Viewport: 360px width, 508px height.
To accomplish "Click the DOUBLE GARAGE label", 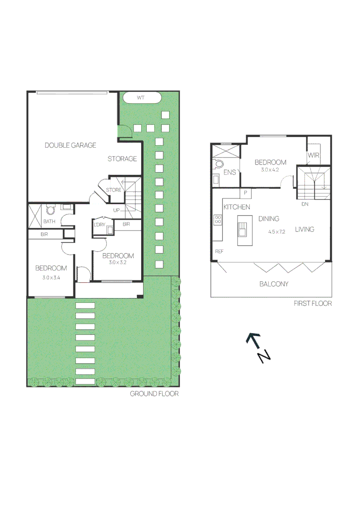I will (x=70, y=145).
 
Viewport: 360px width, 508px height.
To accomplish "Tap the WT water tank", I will (x=140, y=98).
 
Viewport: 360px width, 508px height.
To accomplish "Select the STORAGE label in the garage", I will (x=122, y=159).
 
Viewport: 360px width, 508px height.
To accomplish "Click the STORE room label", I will (x=113, y=190).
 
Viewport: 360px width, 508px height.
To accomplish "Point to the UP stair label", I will (x=116, y=210).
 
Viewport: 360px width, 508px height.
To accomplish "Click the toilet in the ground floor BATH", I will (x=50, y=210).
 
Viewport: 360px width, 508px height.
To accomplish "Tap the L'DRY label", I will (x=99, y=225).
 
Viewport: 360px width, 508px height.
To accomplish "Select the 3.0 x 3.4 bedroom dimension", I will (x=51, y=278).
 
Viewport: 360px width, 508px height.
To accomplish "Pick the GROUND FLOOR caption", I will (x=154, y=394).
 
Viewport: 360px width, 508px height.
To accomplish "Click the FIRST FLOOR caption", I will (x=312, y=303).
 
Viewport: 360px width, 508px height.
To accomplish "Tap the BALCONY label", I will (x=273, y=284).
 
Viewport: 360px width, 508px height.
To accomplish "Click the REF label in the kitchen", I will (x=219, y=252).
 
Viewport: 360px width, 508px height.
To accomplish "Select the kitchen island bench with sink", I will (x=243, y=230).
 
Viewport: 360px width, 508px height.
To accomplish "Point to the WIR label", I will (x=313, y=155).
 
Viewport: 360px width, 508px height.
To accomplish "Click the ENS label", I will (x=230, y=173).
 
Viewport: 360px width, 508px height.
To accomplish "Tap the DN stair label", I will (x=305, y=204).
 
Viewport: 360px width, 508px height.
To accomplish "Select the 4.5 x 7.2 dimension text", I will (x=277, y=232).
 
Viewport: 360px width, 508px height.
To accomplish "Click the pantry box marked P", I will (x=246, y=193).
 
